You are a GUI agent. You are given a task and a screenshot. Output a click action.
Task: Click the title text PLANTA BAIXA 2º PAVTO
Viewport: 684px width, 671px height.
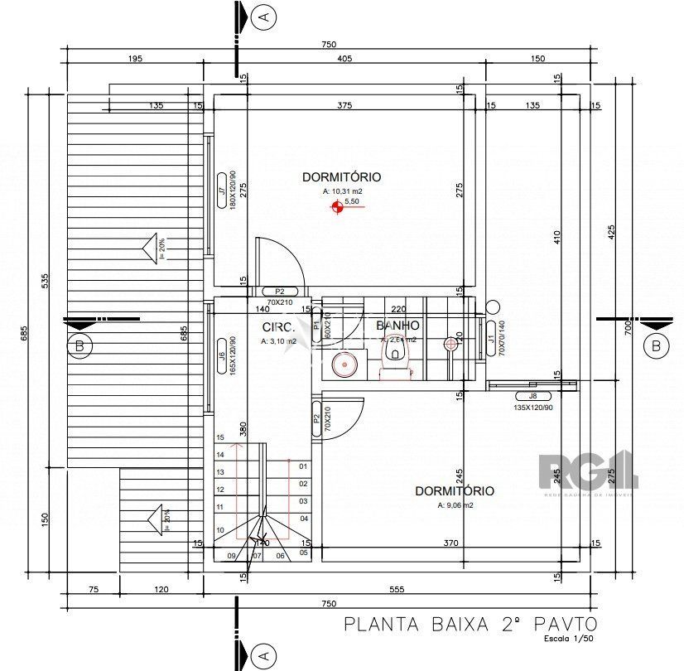[469, 624]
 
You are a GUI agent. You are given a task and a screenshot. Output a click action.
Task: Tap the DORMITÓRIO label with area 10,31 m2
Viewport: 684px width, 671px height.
[341, 176]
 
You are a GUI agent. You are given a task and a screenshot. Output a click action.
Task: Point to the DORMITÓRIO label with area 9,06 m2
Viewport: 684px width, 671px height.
[454, 491]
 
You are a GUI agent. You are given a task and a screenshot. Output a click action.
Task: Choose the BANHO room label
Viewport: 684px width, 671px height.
[397, 326]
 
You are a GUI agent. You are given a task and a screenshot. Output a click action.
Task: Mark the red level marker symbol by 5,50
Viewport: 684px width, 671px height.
[336, 209]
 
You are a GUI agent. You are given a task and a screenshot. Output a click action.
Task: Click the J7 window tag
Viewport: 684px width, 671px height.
[221, 192]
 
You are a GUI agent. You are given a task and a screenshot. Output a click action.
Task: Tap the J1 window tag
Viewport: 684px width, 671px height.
[490, 339]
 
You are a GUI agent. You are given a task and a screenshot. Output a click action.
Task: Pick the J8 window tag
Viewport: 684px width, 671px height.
[532, 396]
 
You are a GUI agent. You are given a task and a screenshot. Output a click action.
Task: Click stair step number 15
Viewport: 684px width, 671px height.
[220, 437]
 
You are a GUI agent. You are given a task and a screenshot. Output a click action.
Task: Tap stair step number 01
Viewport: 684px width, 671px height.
[303, 466]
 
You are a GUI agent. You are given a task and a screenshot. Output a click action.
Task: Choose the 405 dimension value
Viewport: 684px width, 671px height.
[344, 58]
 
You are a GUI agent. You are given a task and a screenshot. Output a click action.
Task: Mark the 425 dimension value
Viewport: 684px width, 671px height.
[612, 232]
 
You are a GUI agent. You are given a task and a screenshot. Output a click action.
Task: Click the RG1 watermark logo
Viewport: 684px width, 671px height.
[588, 471]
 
